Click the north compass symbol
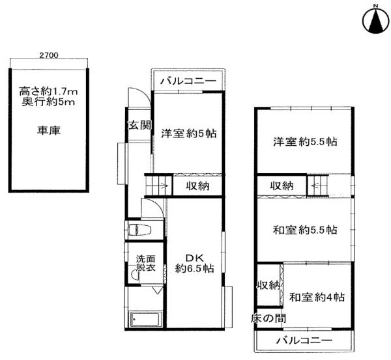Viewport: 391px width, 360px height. click(x=375, y=20)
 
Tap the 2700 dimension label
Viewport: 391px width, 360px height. click(x=48, y=56)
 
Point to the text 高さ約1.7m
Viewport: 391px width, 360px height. click(x=48, y=91)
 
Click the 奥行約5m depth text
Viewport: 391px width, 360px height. click(x=48, y=102)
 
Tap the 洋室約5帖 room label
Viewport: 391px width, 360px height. click(x=188, y=134)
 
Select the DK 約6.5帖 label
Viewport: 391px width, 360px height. click(x=194, y=262)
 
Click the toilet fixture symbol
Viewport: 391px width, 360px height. click(x=139, y=230)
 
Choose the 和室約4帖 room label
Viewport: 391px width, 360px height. click(x=317, y=298)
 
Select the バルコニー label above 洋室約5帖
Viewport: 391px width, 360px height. click(x=188, y=82)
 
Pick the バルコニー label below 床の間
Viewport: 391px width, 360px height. click(x=304, y=340)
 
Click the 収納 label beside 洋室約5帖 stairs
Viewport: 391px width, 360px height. click(x=197, y=186)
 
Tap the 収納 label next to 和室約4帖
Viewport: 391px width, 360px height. click(x=268, y=284)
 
